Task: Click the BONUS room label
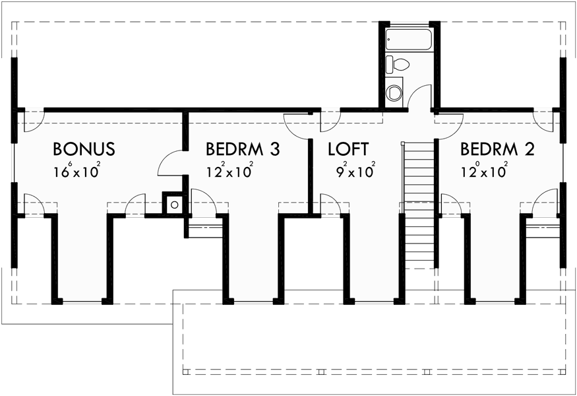point(84,149)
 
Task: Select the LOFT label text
point(348,149)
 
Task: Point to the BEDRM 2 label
point(497,149)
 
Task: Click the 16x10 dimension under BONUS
point(77,172)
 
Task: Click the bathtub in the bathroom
point(408,40)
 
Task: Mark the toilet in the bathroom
point(398,64)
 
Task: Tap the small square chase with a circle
point(174,204)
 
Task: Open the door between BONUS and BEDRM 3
point(173,162)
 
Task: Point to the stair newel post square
point(402,142)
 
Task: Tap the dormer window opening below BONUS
point(82,301)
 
